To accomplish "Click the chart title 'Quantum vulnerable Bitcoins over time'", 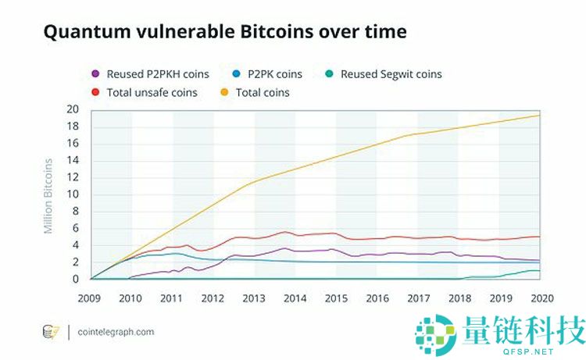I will pos(225,32).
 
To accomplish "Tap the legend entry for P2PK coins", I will pos(269,74).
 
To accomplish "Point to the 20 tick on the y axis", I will pos(74,109).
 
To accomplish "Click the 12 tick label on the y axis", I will pos(74,176).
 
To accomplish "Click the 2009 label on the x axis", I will pos(91,298).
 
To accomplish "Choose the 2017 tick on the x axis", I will pos(417,298).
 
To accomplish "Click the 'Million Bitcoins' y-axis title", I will pos(48,195).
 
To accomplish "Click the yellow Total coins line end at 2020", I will pos(538,116).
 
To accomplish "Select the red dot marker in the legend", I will pos(95,92).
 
